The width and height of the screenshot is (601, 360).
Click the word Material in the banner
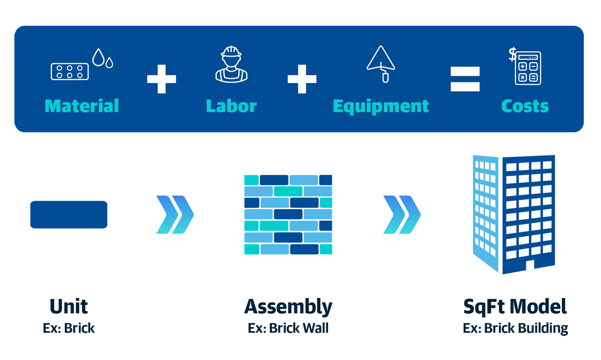pyautogui.click(x=82, y=106)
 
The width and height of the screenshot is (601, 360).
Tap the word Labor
pyautogui.click(x=231, y=106)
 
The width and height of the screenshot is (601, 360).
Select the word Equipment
pyautogui.click(x=381, y=107)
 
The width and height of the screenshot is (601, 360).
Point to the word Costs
pyautogui.click(x=525, y=106)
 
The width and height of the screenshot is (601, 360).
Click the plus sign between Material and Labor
pyautogui.click(x=162, y=79)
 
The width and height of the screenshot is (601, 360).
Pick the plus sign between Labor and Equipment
pyautogui.click(x=302, y=79)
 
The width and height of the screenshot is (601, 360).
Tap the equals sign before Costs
pyautogui.click(x=465, y=79)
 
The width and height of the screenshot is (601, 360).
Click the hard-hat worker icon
pyautogui.click(x=231, y=64)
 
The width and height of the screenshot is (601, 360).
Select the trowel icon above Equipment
pyautogui.click(x=381, y=64)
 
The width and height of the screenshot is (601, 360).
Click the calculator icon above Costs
pyautogui.click(x=528, y=68)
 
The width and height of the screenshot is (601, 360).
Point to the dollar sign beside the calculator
pyautogui.click(x=513, y=54)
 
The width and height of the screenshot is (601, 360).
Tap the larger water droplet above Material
pyautogui.click(x=98, y=57)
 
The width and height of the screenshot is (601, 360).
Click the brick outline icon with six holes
pyautogui.click(x=70, y=72)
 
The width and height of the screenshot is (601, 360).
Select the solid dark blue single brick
pyautogui.click(x=69, y=215)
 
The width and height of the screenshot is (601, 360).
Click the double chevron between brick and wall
pyautogui.click(x=175, y=215)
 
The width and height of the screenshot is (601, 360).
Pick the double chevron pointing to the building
pyautogui.click(x=402, y=215)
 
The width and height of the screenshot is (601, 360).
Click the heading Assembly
pyautogui.click(x=288, y=306)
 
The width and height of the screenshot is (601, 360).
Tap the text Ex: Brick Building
pyautogui.click(x=515, y=328)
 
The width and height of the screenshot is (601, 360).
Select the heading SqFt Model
pyautogui.click(x=515, y=306)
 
